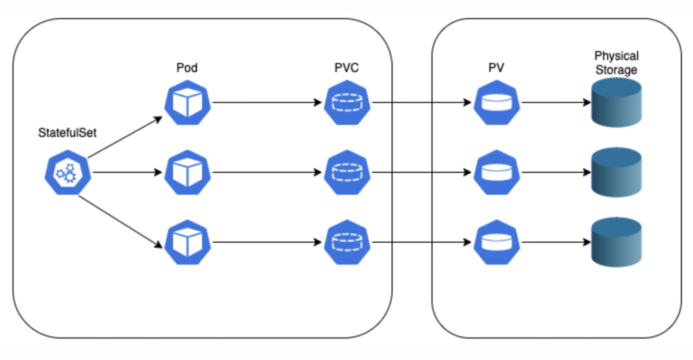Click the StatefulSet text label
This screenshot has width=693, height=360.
click(x=67, y=133)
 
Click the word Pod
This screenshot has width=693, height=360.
click(x=187, y=68)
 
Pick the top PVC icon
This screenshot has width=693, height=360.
click(x=347, y=103)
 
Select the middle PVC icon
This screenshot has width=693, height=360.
click(x=347, y=173)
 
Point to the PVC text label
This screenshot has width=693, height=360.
click(x=346, y=68)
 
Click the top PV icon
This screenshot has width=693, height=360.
click(x=497, y=103)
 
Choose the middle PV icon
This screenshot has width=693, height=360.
click(x=497, y=173)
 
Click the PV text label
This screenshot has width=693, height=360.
click(x=497, y=68)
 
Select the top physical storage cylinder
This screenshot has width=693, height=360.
click(x=617, y=103)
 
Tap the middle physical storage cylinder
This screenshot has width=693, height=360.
click(x=617, y=173)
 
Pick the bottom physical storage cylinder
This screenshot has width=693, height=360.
click(x=617, y=242)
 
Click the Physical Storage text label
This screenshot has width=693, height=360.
click(x=616, y=63)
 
